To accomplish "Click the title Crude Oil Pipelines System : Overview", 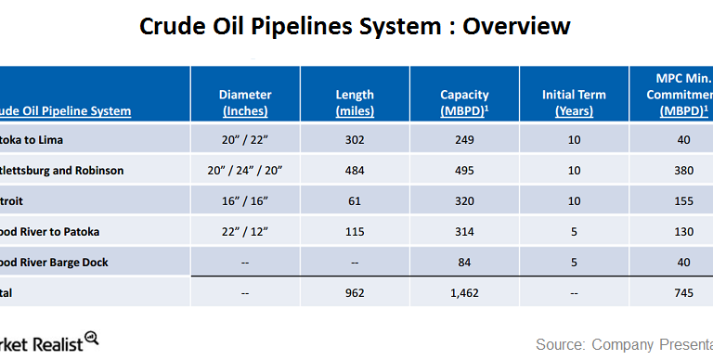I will (356, 26).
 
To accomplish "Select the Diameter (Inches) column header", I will (245, 102).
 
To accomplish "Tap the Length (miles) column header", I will (355, 102).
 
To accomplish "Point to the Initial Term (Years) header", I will (574, 102).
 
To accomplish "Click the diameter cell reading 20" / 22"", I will (245, 140).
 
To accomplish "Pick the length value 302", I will (355, 140).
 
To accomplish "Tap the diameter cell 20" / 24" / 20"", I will (245, 171).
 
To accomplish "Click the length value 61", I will (355, 201).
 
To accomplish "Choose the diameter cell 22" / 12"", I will (245, 232).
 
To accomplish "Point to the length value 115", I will (355, 232).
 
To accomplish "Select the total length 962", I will (355, 291).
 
